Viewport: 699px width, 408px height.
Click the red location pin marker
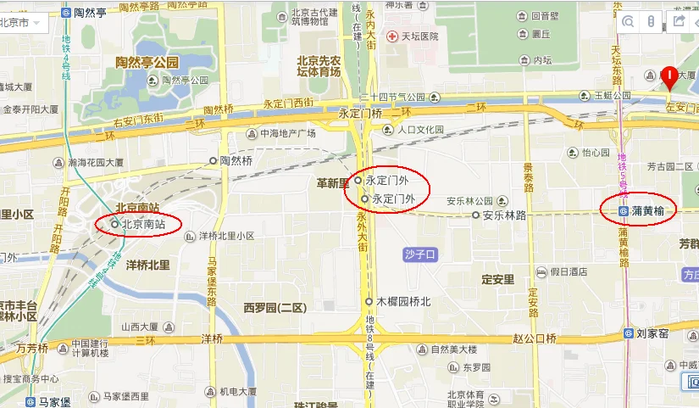[x=669, y=79]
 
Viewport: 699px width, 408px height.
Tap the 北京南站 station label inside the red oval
[x=143, y=225]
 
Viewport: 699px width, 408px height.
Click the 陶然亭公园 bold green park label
[x=147, y=63]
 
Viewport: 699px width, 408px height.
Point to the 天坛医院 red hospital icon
[x=391, y=36]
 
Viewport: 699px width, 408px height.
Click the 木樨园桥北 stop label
[x=403, y=301]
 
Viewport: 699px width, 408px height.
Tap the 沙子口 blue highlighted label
[x=420, y=254]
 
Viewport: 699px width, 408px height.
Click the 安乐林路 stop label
[x=504, y=215]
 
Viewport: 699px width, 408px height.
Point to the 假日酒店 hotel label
[x=569, y=271]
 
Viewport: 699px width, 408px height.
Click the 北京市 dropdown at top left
[x=25, y=23]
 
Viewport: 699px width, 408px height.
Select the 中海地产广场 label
[x=287, y=134]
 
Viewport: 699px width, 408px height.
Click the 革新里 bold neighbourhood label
[x=333, y=183]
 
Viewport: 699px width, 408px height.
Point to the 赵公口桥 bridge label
[x=535, y=338]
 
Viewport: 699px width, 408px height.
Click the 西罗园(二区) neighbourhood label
[x=274, y=307]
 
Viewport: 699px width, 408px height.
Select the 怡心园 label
[x=596, y=154]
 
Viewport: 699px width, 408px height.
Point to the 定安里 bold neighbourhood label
[x=497, y=279]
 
